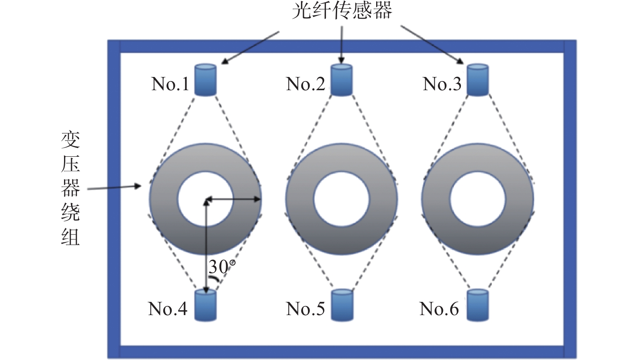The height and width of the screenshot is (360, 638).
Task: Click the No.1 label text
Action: click(x=170, y=84)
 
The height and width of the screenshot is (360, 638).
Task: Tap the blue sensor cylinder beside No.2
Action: click(x=341, y=80)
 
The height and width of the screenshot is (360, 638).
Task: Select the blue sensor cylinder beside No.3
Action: click(x=478, y=80)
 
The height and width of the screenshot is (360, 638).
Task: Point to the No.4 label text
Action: click(x=168, y=309)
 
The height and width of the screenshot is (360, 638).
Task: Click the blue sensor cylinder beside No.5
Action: click(x=342, y=305)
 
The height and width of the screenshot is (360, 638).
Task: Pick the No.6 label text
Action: click(x=439, y=309)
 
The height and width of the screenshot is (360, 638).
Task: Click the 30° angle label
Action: click(x=222, y=266)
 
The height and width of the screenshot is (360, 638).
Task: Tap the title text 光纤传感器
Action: click(x=342, y=11)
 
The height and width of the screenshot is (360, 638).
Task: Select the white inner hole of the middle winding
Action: click(x=342, y=199)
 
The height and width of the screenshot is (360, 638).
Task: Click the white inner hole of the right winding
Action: click(x=478, y=199)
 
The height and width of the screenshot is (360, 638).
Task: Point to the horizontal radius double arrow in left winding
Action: click(x=234, y=200)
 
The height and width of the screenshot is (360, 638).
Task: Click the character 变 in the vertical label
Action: click(x=70, y=141)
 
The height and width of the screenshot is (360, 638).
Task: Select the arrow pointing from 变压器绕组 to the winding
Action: click(x=114, y=188)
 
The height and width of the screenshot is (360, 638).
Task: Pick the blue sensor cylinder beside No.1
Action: click(x=206, y=80)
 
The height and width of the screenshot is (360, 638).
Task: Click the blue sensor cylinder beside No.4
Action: click(x=206, y=305)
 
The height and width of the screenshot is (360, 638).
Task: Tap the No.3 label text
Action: click(x=442, y=84)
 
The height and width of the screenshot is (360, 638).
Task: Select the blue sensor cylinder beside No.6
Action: click(x=478, y=305)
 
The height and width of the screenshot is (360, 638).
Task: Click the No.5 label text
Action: click(x=305, y=309)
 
